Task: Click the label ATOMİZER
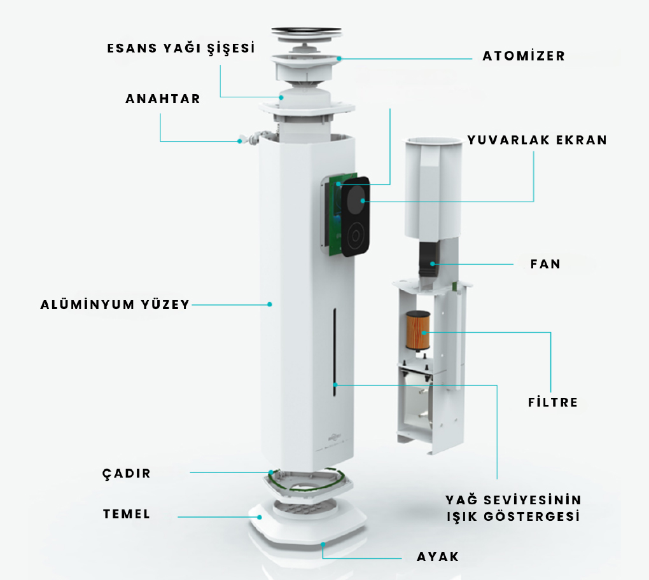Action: (x=523, y=56)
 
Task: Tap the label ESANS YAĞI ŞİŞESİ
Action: (x=181, y=49)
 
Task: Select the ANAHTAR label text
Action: (x=162, y=99)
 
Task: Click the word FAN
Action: (x=545, y=264)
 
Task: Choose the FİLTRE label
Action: (x=553, y=403)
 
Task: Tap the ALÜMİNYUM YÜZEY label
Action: (x=115, y=305)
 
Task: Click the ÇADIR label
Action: (x=127, y=474)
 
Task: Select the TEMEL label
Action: (x=127, y=514)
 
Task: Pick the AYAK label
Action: (x=437, y=557)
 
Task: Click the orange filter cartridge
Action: (x=418, y=330)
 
